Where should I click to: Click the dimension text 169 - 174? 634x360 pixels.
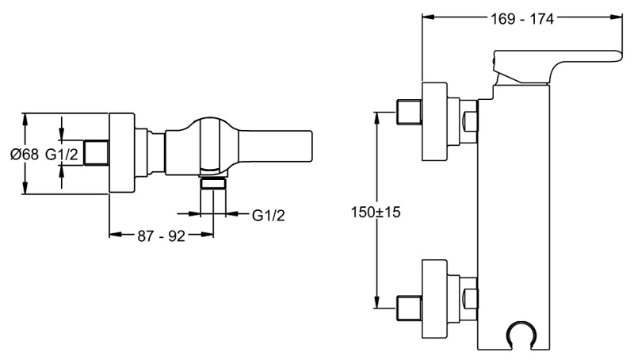[522, 18]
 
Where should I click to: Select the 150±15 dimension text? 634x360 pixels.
[376, 212]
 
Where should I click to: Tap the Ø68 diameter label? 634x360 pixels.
[25, 154]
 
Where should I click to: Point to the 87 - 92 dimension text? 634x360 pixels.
[161, 236]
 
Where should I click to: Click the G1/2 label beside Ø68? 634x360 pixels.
[62, 154]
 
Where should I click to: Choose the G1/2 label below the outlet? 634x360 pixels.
[269, 215]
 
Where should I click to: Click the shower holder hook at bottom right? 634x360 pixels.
[522, 335]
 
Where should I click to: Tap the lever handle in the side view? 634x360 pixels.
[558, 67]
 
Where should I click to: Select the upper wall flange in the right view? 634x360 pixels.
[434, 122]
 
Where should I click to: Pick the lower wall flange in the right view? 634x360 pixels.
[434, 298]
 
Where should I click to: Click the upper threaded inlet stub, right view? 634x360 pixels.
[409, 112]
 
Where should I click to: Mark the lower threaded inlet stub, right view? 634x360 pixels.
[409, 308]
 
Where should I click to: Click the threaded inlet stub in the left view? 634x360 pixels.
[96, 152]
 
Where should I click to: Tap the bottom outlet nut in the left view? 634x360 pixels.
[213, 184]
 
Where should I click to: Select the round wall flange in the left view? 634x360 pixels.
[122, 153]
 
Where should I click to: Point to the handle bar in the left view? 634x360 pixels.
[275, 147]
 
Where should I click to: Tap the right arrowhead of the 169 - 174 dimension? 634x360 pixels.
[617, 17]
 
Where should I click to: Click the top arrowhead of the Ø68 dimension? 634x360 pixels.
[25, 119]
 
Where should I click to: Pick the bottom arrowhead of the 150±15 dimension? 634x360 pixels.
[377, 302]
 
